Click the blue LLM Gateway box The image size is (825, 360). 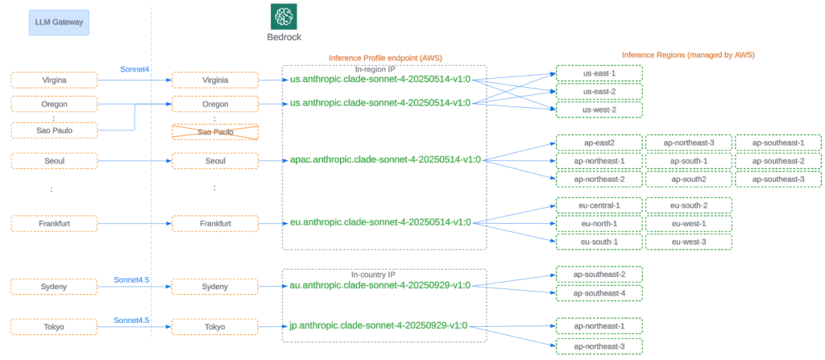pos(59,23)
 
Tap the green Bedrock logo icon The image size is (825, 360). pos(284,16)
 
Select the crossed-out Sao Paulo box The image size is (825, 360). pos(215,132)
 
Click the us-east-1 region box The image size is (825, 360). pos(599,73)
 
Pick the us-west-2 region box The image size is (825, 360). pos(599,110)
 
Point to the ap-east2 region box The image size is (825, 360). pos(599,143)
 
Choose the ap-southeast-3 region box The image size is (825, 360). pos(778,179)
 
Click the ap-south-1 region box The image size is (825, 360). pos(689,161)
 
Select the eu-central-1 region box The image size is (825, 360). pos(599,205)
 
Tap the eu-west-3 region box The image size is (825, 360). pos(689,242)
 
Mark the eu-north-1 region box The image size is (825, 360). pos(599,224)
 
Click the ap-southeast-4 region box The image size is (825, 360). pos(599,293)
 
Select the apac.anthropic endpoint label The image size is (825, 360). pos(385,159)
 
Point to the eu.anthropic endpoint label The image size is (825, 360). pos(380,222)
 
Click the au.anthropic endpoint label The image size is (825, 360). pos(380,285)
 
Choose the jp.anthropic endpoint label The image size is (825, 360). pos(378,326)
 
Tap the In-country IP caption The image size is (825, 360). pos(373,275)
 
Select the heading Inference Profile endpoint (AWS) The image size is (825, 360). pos(385,58)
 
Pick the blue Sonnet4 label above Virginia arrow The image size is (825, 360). pos(135,69)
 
